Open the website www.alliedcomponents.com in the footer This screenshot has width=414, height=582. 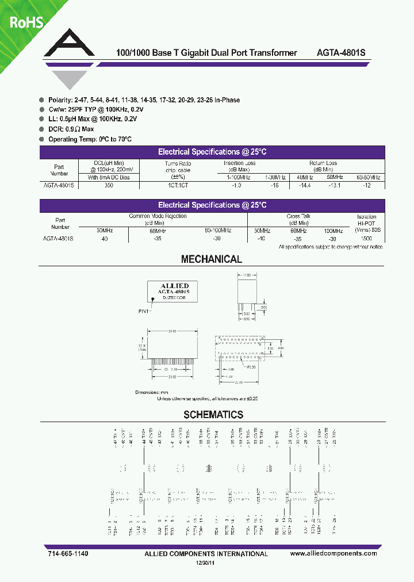(333, 553)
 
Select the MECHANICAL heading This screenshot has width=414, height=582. (212, 259)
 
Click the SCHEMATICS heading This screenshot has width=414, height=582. (213, 415)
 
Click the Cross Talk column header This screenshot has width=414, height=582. (298, 216)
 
